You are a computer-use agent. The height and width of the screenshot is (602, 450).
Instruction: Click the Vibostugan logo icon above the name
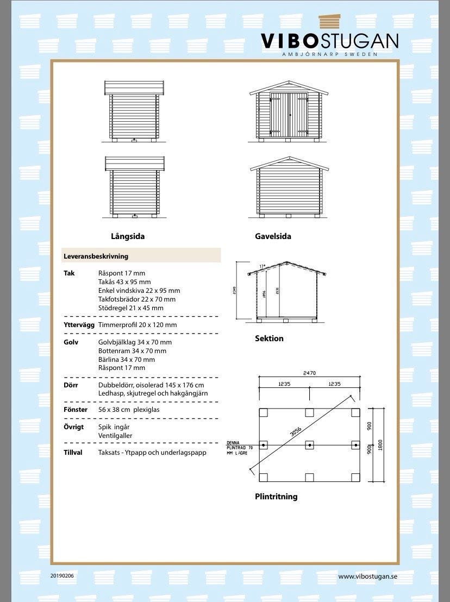click(333, 22)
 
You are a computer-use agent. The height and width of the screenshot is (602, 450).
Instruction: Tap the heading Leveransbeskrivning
click(96, 255)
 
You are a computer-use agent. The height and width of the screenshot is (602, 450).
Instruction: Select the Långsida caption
click(128, 236)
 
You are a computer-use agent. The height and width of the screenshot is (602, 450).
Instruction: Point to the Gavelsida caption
click(273, 236)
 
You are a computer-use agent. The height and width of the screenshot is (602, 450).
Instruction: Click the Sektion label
click(269, 338)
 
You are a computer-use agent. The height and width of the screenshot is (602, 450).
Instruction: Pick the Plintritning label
click(276, 496)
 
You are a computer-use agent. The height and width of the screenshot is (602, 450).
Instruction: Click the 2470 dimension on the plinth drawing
click(309, 373)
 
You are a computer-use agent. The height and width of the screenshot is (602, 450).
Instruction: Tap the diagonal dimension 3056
click(296, 432)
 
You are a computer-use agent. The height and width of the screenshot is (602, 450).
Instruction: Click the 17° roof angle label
click(262, 266)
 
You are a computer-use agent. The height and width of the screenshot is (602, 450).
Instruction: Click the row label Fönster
click(76, 410)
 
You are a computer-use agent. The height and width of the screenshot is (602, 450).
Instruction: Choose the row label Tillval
click(73, 453)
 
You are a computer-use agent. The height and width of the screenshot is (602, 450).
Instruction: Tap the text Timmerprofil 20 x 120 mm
click(137, 325)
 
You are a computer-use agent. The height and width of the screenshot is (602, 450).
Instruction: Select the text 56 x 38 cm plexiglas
click(129, 410)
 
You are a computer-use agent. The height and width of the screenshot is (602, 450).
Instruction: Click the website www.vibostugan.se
click(368, 576)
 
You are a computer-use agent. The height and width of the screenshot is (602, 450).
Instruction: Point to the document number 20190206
click(62, 575)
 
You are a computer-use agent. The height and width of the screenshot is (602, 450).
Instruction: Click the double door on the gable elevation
click(290, 115)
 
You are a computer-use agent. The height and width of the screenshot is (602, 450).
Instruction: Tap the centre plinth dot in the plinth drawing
click(309, 445)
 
